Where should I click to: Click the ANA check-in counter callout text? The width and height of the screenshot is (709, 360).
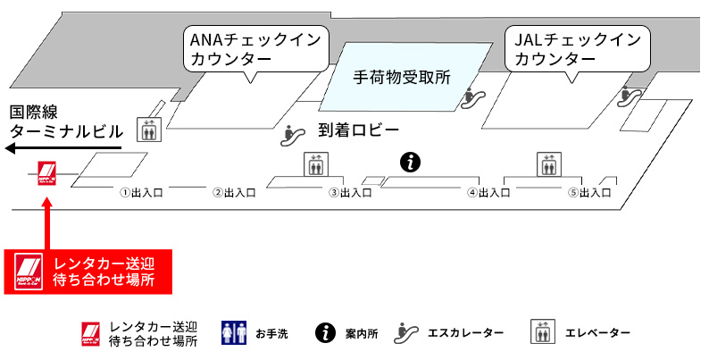click(254, 50)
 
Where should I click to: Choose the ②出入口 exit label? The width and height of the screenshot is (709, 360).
click(235, 192)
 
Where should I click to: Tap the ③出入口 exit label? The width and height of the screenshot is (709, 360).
click(350, 192)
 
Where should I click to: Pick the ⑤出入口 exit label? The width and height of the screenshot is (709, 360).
click(589, 192)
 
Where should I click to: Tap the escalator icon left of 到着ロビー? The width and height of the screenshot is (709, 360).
click(291, 134)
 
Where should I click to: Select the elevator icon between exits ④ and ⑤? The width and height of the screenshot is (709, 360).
click(547, 164)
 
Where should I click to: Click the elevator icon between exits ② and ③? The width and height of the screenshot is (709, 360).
click(315, 164)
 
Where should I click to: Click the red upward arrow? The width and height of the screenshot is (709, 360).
click(47, 223)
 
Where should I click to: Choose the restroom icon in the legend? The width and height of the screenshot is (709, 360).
click(233, 333)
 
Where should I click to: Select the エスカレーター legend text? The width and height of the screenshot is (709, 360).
click(468, 333)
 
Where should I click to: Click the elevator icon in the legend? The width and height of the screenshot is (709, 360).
click(543, 332)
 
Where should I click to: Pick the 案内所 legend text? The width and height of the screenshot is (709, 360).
click(362, 334)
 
